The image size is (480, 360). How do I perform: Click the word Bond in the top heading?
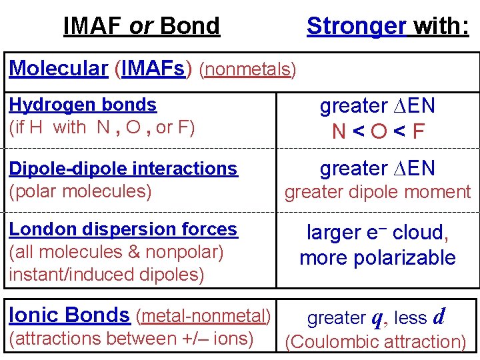[x=190, y=26]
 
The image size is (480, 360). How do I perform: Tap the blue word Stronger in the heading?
[x=356, y=26]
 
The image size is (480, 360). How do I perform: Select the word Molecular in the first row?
[x=59, y=68]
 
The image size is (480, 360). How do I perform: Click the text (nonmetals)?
[x=247, y=69]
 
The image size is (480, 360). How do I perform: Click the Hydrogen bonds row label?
[x=83, y=105]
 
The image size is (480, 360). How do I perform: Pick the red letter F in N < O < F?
[x=418, y=131]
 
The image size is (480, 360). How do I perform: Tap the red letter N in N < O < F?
[x=339, y=131]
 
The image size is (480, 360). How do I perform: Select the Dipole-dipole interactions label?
[x=123, y=169]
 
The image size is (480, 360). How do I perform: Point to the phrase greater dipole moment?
[x=377, y=192]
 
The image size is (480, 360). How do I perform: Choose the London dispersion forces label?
[x=123, y=229]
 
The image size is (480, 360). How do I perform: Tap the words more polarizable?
[x=377, y=257]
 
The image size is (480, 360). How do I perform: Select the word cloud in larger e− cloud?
[x=420, y=233]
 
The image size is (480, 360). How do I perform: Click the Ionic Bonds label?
[x=69, y=314]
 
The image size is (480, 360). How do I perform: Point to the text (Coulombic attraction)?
[x=375, y=341]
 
